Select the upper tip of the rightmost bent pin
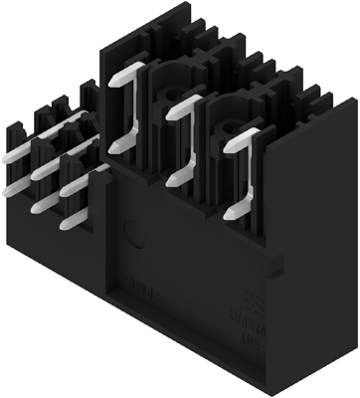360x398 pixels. [x=229, y=147]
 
